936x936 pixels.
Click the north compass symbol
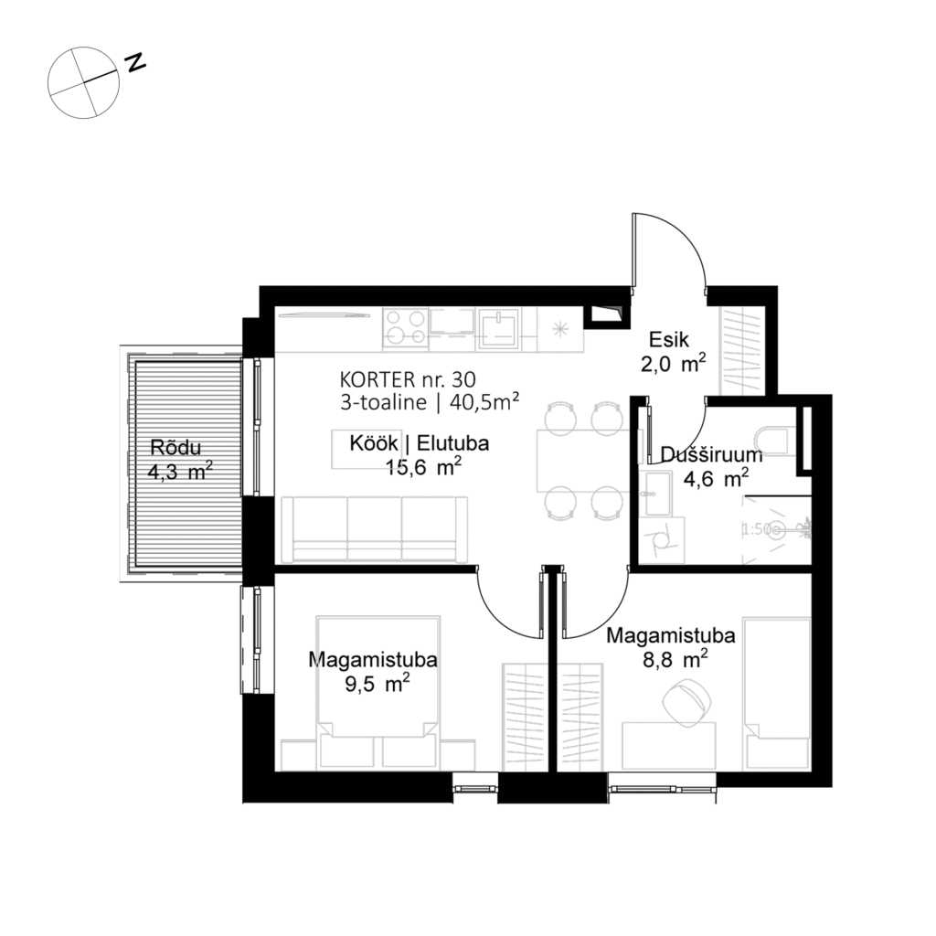84,83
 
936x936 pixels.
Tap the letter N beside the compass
136,62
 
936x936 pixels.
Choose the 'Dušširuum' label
697,454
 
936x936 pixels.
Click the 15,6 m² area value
420,468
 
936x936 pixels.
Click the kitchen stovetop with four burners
406,327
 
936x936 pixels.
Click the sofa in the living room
375,528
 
